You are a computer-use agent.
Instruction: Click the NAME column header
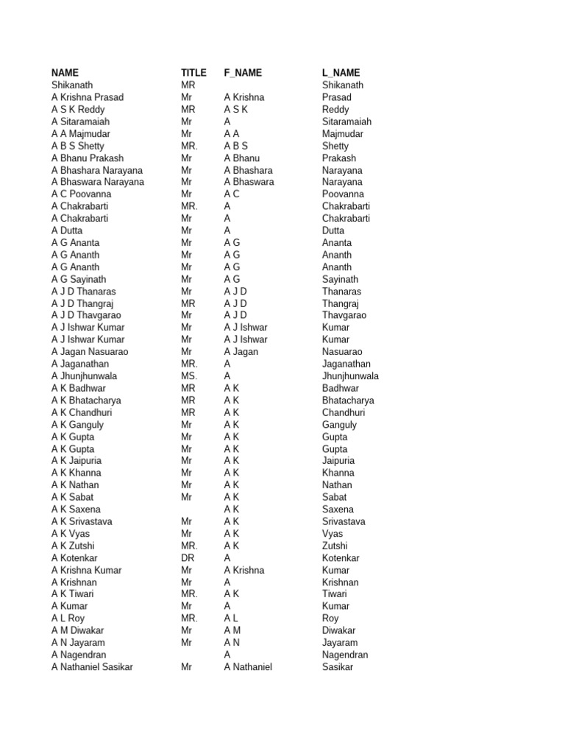point(65,73)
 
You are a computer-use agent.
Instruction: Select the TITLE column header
point(193,73)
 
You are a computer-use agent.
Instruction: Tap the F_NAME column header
point(243,73)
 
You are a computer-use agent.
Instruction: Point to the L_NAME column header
point(341,73)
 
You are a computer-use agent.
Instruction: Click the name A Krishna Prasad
point(88,97)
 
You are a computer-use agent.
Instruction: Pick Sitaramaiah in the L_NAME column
point(347,121)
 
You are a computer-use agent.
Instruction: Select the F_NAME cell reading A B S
point(236,146)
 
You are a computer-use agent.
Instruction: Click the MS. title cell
point(189,376)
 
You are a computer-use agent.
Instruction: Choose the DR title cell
point(188,558)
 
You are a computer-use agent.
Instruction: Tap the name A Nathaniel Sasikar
point(92,667)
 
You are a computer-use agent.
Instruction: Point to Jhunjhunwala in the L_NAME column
point(350,376)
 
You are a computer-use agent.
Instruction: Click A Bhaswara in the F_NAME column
point(249,182)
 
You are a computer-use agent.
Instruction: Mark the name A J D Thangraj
point(82,303)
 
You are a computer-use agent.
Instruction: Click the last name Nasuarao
point(342,352)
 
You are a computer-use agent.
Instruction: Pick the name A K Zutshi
point(73,546)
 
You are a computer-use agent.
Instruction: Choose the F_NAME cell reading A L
point(232,619)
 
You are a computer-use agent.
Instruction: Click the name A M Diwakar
point(77,630)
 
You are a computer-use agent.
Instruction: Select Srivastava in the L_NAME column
point(344,521)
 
